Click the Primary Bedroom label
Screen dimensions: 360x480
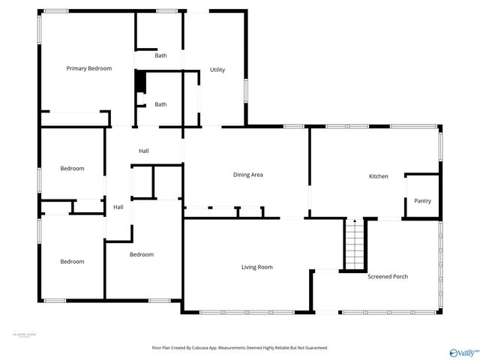pyautogui.click(x=88, y=68)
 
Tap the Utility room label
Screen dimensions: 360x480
pyautogui.click(x=217, y=70)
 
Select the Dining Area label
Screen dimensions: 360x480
pyautogui.click(x=247, y=175)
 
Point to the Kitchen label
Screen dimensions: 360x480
pyautogui.click(x=378, y=176)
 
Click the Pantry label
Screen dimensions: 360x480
pyautogui.click(x=422, y=201)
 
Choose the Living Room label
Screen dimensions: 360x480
pyautogui.click(x=256, y=267)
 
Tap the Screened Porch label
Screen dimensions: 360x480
pyautogui.click(x=388, y=277)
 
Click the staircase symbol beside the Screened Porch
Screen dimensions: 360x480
pyautogui.click(x=354, y=245)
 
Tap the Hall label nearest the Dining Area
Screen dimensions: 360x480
pyautogui.click(x=143, y=151)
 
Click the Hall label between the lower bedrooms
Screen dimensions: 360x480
pyautogui.click(x=118, y=207)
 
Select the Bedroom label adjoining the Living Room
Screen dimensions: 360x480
pyautogui.click(x=141, y=254)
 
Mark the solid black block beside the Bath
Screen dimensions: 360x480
pyautogui.click(x=139, y=82)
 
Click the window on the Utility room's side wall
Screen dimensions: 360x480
pyautogui.click(x=245, y=89)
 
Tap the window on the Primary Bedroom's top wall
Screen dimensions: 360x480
pyautogui.click(x=55, y=10)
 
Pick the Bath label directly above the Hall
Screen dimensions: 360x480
pyautogui.click(x=160, y=104)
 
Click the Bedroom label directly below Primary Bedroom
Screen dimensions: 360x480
pyautogui.click(x=72, y=169)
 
